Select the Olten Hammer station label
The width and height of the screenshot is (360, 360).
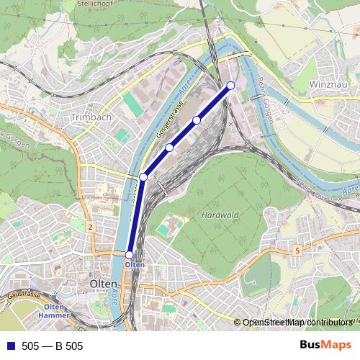tap(55, 312)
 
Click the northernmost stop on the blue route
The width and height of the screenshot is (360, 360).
tap(231, 86)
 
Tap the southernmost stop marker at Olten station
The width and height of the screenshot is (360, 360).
tap(130, 255)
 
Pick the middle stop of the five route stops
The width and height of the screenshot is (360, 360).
tap(170, 148)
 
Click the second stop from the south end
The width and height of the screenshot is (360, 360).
tap(143, 176)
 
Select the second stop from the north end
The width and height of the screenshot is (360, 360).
tap(197, 120)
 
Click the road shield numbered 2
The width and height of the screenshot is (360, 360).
tap(90, 227)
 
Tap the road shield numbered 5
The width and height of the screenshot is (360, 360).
tap(297, 250)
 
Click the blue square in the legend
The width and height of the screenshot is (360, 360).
tap(10, 346)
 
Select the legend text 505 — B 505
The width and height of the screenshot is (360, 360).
tap(53, 346)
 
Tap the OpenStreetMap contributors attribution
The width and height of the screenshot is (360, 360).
tap(299, 323)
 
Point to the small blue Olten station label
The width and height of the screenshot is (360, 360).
tap(135, 265)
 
